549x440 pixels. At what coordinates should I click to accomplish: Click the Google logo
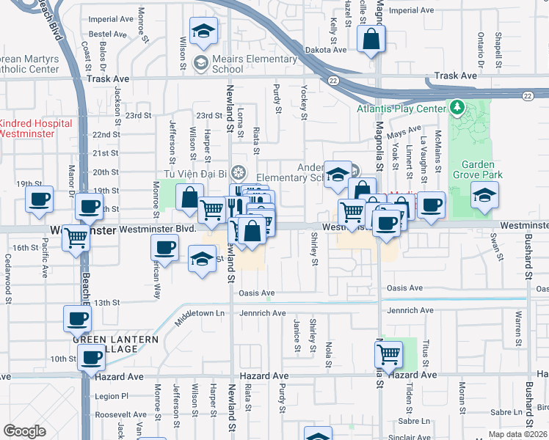click(x=25, y=431)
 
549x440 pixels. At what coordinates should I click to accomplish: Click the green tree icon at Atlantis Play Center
click(x=458, y=109)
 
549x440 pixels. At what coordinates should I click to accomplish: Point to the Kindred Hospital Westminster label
click(x=36, y=128)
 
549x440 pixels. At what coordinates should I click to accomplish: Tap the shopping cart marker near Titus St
click(x=388, y=355)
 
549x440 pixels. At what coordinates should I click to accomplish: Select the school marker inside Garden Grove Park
click(x=485, y=196)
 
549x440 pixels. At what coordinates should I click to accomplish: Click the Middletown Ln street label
click(x=199, y=313)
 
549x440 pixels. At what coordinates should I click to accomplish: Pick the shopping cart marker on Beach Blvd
click(x=76, y=238)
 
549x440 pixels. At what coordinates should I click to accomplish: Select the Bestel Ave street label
click(x=109, y=34)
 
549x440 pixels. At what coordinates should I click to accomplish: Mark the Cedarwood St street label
click(x=8, y=279)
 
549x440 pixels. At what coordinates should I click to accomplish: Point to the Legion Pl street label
click(x=112, y=396)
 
